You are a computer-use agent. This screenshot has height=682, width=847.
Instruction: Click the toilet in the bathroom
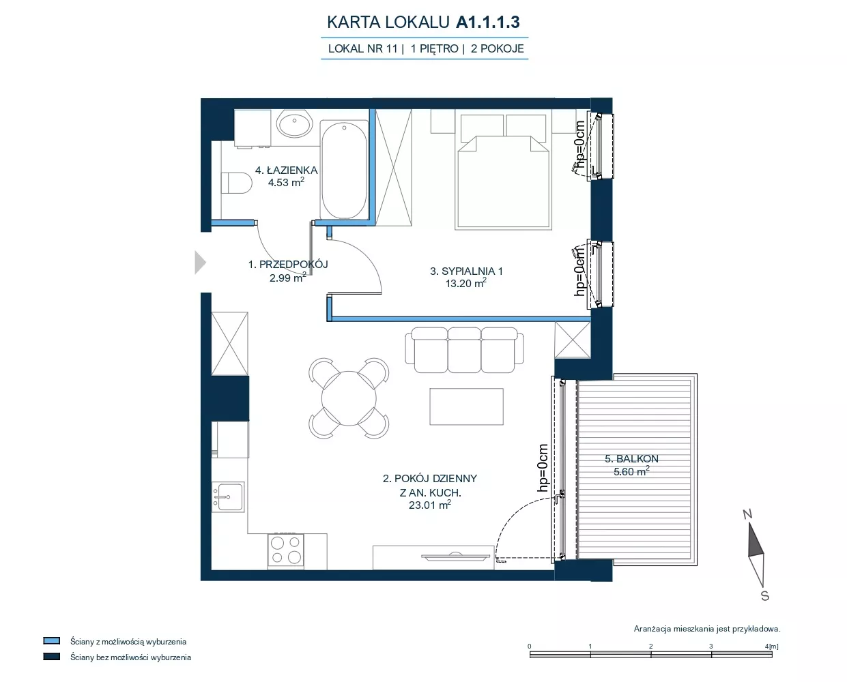[x=237, y=183]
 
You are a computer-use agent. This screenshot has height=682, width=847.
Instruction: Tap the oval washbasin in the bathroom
[x=294, y=124]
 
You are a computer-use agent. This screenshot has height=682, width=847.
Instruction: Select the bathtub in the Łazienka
[x=344, y=170]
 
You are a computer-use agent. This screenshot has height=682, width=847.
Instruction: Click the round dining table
[x=349, y=398]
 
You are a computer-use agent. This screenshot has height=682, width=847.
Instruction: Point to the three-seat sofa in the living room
[x=464, y=350]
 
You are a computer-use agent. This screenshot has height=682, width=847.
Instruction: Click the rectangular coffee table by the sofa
[x=466, y=406]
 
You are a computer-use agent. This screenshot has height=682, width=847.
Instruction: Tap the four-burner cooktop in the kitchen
[x=286, y=550]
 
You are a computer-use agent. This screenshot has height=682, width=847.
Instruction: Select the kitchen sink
[x=228, y=497]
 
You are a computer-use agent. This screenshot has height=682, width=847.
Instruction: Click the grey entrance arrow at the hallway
[x=200, y=263]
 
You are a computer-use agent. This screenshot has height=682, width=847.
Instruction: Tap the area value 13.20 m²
[x=466, y=283]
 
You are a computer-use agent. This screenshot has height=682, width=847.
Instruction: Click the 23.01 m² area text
[x=430, y=505]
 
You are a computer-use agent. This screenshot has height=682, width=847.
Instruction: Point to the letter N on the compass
[x=747, y=514]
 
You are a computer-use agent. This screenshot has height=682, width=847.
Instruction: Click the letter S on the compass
[x=764, y=596]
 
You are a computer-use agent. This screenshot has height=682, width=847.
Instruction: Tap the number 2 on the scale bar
[x=651, y=647]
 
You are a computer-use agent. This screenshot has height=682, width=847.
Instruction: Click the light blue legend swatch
[x=52, y=641]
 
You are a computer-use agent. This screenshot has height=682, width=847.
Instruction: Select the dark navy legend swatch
[x=52, y=657]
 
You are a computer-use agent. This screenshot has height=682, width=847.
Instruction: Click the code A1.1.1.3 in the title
[x=487, y=22]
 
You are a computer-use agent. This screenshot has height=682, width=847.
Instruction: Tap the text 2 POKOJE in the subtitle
[x=497, y=49]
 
